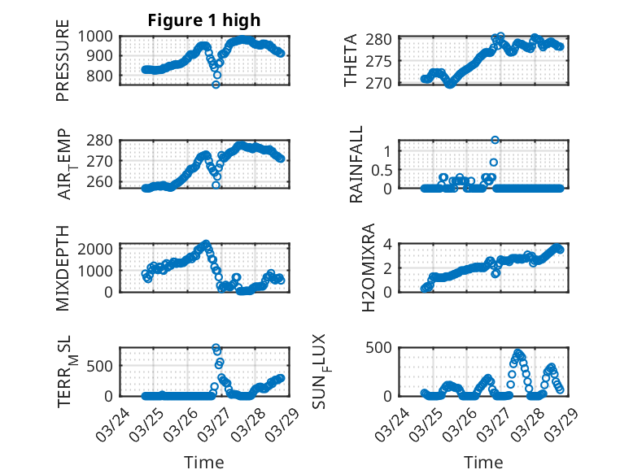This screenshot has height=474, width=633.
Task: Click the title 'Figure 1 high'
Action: point(204,20)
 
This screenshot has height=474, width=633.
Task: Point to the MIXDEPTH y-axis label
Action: point(63,267)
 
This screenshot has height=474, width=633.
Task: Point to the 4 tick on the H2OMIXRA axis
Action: point(389,244)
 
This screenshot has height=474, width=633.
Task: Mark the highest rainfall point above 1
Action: point(495,140)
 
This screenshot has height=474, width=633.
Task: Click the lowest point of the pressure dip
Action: point(216,84)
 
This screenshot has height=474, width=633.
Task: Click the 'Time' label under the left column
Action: point(203,463)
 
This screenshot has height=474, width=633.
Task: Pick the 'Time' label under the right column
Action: point(483,463)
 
